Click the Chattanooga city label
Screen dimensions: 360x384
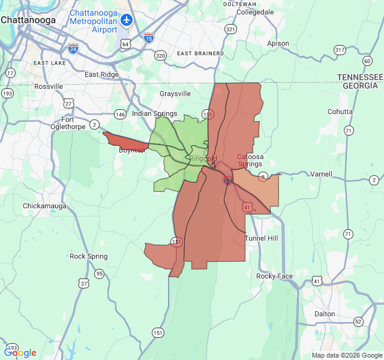[x=28, y=19]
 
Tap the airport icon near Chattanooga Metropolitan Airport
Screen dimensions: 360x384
[x=126, y=20]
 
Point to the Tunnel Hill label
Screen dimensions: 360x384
[x=262, y=238]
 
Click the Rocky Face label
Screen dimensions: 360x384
[x=275, y=276]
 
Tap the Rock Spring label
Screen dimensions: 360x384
[x=89, y=256]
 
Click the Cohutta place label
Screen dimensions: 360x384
[x=340, y=112]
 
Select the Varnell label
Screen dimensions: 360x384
[x=320, y=174]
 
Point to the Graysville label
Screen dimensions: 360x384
[x=175, y=94]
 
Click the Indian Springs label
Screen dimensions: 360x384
[x=154, y=113]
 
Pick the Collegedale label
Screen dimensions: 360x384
[x=255, y=11]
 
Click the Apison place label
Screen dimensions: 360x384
[x=278, y=43]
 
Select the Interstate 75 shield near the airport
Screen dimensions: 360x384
[x=148, y=38]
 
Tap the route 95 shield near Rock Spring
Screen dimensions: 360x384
[x=99, y=274]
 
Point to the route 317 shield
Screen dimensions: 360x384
[x=340, y=50]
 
